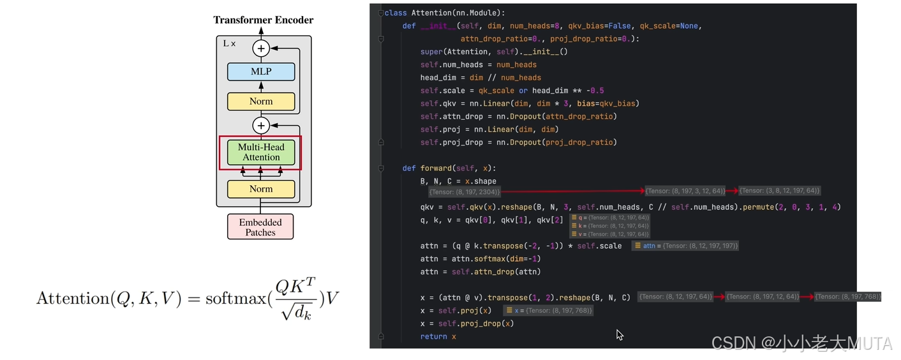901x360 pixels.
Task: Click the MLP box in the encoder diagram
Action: coord(261,71)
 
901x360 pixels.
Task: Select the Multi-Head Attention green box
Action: coord(261,153)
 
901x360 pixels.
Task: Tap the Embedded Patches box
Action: coord(260,227)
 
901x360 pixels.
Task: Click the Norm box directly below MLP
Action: coord(261,101)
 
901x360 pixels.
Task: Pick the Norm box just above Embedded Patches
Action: coord(261,189)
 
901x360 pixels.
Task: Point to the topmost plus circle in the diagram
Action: coord(261,48)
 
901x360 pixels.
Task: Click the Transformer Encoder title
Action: coord(263,20)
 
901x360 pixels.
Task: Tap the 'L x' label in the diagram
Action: coord(229,43)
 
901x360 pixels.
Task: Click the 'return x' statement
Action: coord(438,336)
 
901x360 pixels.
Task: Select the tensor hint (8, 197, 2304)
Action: coord(465,191)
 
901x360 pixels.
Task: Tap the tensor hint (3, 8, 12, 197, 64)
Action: coord(780,191)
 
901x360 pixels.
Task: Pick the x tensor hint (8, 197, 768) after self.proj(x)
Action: coord(548,310)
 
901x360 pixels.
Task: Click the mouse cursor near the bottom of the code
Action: coord(619,334)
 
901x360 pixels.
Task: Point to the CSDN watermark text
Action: coord(801,343)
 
